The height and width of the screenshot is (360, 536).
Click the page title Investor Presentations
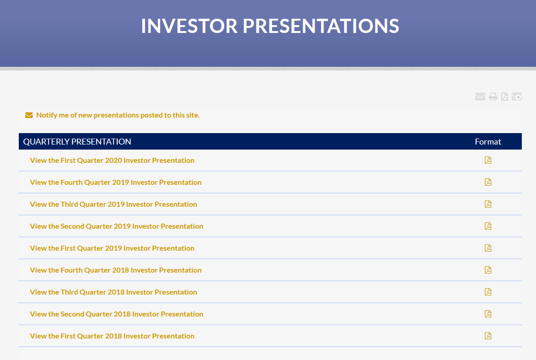click(x=270, y=26)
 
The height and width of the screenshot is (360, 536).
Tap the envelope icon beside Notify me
click(x=29, y=115)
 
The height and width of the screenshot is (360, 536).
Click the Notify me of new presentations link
click(x=118, y=115)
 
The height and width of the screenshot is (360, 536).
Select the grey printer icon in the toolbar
click(x=493, y=97)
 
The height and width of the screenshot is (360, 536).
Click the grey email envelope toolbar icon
click(x=480, y=97)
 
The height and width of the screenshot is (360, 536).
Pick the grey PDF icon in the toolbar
click(x=504, y=97)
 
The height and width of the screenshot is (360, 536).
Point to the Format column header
click(x=488, y=141)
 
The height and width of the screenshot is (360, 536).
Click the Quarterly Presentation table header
click(x=77, y=141)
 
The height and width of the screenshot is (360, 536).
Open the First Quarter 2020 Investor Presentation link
click(x=112, y=161)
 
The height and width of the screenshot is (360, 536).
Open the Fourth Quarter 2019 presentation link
click(x=116, y=182)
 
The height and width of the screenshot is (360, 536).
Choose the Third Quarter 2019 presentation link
click(x=113, y=204)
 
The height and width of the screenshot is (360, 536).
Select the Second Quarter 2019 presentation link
click(x=117, y=226)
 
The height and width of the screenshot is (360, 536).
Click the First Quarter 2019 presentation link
click(x=112, y=248)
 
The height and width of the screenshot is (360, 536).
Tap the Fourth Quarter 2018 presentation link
click(x=116, y=270)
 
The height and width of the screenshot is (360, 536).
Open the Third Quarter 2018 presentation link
click(x=113, y=292)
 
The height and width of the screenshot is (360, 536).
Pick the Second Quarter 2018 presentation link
click(x=117, y=314)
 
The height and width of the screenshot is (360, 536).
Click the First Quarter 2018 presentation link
click(x=112, y=336)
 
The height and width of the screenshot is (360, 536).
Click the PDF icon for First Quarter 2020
click(x=488, y=160)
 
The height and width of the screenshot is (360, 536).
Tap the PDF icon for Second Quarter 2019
click(x=488, y=226)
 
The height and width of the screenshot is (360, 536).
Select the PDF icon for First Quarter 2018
click(x=488, y=336)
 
